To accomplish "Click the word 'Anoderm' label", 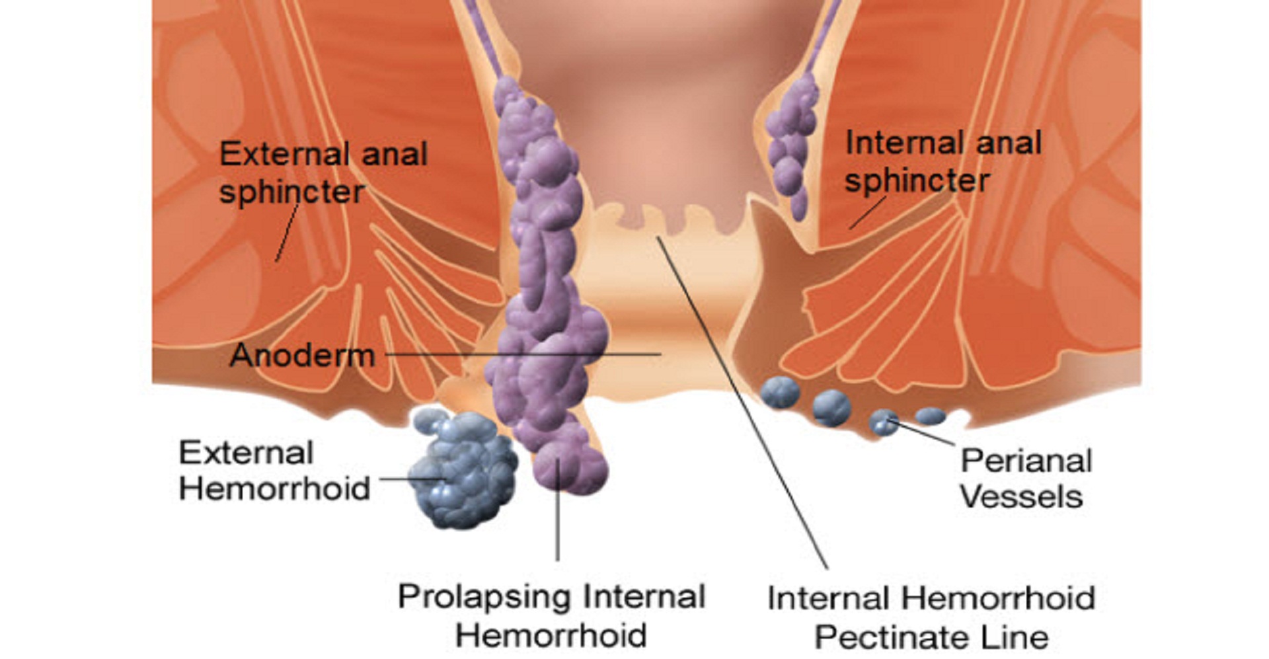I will tap(302, 356).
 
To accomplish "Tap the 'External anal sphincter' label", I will tap(323, 173).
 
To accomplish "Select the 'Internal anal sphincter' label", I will tap(943, 161).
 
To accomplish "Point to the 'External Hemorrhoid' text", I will tap(274, 471).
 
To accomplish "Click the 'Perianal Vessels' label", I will tap(1025, 478).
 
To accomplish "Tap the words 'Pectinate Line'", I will tap(931, 637).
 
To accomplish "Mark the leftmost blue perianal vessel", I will tap(780, 391).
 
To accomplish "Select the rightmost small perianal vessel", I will tap(930, 416).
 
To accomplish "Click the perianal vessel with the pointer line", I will tap(884, 422).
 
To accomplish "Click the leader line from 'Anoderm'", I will tap(522, 354).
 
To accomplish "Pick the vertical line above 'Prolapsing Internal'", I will tap(558, 522).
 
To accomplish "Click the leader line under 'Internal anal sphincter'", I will tap(866, 213).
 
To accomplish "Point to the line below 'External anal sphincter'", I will tap(286, 233).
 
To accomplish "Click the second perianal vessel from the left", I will tap(831, 407).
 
